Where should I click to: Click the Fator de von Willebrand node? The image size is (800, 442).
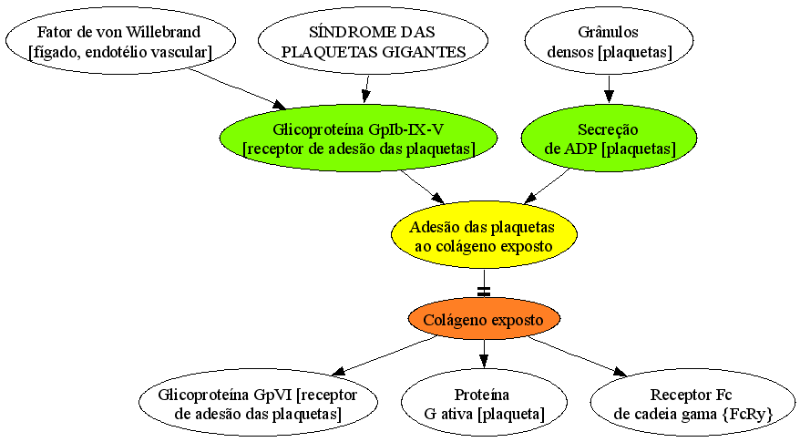(120, 40)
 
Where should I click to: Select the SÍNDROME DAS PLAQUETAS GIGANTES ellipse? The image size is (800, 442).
(373, 40)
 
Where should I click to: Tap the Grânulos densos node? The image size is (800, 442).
(608, 40)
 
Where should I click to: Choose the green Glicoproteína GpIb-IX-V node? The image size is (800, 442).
(359, 138)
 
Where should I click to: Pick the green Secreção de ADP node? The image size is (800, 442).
(609, 138)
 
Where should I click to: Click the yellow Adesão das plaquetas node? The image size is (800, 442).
(484, 235)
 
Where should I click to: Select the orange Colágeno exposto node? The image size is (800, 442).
(484, 320)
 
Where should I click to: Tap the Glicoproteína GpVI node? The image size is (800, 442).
(258, 403)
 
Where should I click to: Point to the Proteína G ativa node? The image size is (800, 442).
(484, 403)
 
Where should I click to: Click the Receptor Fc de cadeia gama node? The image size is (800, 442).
(692, 403)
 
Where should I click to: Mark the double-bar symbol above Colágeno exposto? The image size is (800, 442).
(484, 292)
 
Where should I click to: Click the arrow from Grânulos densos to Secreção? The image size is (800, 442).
(609, 88)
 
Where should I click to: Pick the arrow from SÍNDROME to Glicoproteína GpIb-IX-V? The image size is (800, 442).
(366, 89)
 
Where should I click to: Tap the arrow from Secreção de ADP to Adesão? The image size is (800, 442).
(547, 186)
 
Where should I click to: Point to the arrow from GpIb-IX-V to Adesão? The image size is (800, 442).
(423, 186)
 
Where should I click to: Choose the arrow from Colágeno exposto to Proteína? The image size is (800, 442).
(484, 355)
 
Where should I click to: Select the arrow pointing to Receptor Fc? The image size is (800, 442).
(578, 356)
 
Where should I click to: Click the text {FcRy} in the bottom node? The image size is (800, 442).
(747, 414)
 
